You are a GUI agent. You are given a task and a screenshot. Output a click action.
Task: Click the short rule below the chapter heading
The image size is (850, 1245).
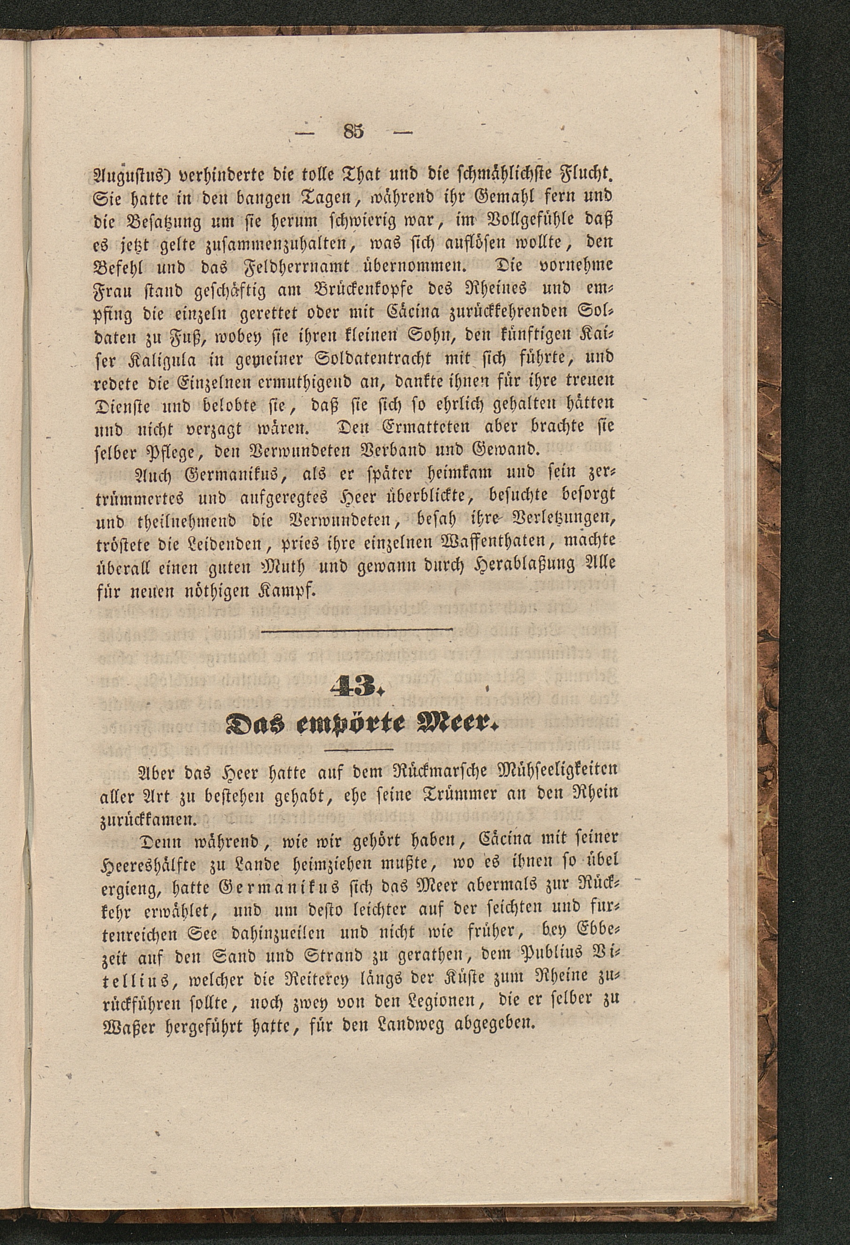coord(359,748)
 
